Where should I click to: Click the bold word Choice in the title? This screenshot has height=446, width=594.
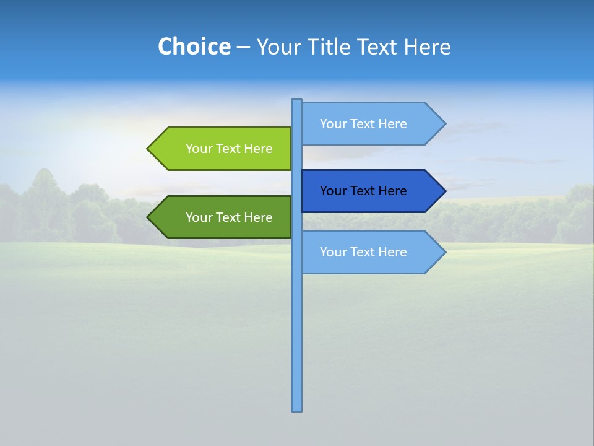[x=194, y=46]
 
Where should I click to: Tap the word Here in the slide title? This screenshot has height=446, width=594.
[x=427, y=46]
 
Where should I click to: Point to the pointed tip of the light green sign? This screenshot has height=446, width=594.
[x=149, y=149]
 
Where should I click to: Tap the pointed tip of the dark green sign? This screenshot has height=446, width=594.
[x=149, y=217]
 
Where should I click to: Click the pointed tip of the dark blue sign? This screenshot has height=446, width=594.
[x=444, y=191]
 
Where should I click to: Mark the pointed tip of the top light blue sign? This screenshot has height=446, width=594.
[x=444, y=123]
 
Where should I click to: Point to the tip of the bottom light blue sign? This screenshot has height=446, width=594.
[x=444, y=252]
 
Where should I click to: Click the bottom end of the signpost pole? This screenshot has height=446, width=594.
[x=297, y=408]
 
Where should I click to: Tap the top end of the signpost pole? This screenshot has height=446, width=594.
[x=297, y=102]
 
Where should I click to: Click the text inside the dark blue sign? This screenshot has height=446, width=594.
[x=363, y=191]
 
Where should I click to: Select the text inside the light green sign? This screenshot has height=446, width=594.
[x=229, y=149]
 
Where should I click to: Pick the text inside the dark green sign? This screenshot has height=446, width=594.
[x=229, y=217]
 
